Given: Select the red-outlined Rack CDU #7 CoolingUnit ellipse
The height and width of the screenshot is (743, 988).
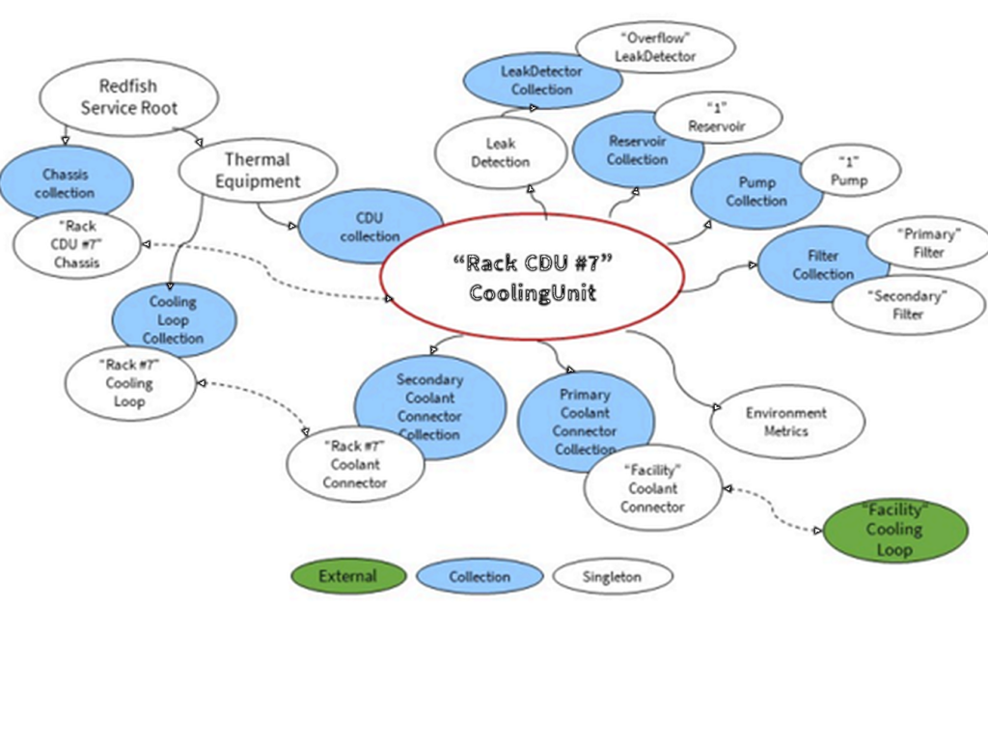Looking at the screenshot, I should point(532,277).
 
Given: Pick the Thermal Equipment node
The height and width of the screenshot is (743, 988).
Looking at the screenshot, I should point(258,170).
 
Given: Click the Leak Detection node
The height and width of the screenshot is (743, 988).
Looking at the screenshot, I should point(500,151).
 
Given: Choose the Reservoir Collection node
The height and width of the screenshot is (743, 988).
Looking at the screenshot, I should point(636,146).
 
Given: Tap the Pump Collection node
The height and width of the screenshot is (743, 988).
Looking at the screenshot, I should point(756,190).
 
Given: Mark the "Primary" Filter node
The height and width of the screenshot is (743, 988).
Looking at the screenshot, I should point(927,242).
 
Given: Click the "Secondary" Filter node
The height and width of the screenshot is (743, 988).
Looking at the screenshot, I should point(907,304).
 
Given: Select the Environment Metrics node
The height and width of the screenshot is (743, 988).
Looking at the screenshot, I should point(786,422).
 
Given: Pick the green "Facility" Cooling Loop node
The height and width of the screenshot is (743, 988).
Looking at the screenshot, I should point(893,529).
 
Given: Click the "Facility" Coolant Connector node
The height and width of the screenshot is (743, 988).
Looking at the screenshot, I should point(652,488).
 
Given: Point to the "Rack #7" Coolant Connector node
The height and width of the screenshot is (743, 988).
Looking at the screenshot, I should point(355,464).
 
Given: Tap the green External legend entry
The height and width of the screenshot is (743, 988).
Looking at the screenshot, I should point(347,577).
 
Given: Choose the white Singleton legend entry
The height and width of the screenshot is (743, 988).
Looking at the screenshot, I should point(612,577).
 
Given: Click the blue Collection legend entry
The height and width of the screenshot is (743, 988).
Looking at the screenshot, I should point(480,577).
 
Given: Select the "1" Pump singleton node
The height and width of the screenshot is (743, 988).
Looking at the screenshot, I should point(849,171).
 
